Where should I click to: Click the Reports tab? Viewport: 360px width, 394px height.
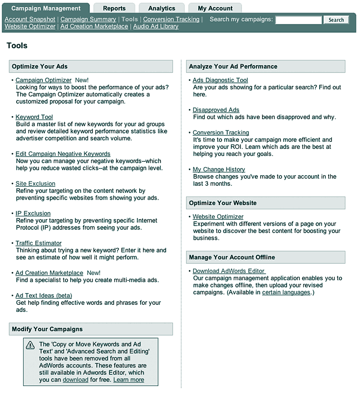click(x=114, y=8)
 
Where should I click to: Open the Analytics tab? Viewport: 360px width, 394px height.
click(x=162, y=8)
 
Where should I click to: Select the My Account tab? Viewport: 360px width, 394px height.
click(x=215, y=8)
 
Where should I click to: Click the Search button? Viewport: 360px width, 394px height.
click(x=336, y=20)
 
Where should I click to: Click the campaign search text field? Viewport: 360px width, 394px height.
click(x=298, y=20)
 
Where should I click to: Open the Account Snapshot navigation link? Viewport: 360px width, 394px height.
click(x=30, y=19)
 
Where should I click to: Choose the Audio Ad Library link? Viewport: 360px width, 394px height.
click(x=156, y=26)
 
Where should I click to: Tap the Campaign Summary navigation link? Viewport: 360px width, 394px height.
click(x=88, y=19)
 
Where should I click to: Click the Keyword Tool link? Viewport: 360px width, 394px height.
click(x=34, y=117)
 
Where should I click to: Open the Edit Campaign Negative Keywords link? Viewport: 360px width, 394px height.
click(x=63, y=154)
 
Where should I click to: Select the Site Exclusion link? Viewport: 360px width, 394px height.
click(x=35, y=184)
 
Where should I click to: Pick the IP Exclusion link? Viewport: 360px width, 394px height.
click(x=33, y=214)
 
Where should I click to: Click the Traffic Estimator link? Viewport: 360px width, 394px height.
click(x=38, y=243)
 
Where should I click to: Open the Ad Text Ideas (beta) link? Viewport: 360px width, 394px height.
click(x=44, y=296)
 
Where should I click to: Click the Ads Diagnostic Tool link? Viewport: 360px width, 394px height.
click(x=220, y=80)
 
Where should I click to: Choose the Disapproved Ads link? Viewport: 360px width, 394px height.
click(x=216, y=110)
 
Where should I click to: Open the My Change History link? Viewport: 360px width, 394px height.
click(x=219, y=169)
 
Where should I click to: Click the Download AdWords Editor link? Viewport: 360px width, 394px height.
click(x=228, y=271)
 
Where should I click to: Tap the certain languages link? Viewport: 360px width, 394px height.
click(x=286, y=292)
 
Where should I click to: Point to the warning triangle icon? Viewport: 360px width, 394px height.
click(x=30, y=345)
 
